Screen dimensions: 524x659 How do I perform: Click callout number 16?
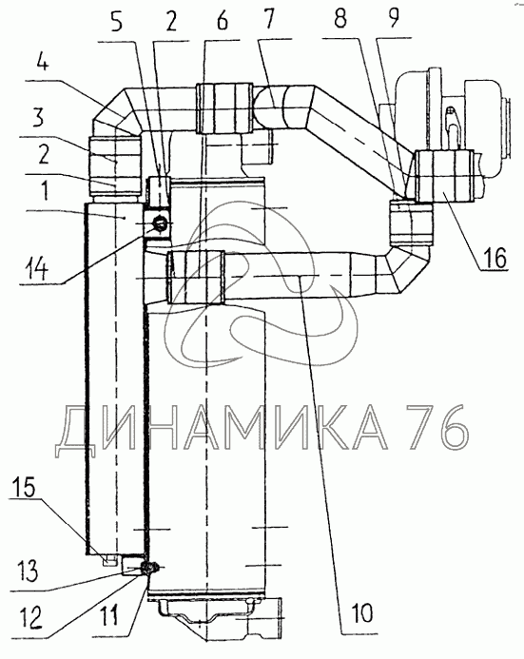tap(495, 257)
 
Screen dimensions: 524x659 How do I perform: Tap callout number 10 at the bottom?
tap(362, 612)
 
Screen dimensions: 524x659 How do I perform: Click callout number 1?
tap(45, 190)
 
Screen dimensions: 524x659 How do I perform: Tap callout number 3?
tap(38, 117)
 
